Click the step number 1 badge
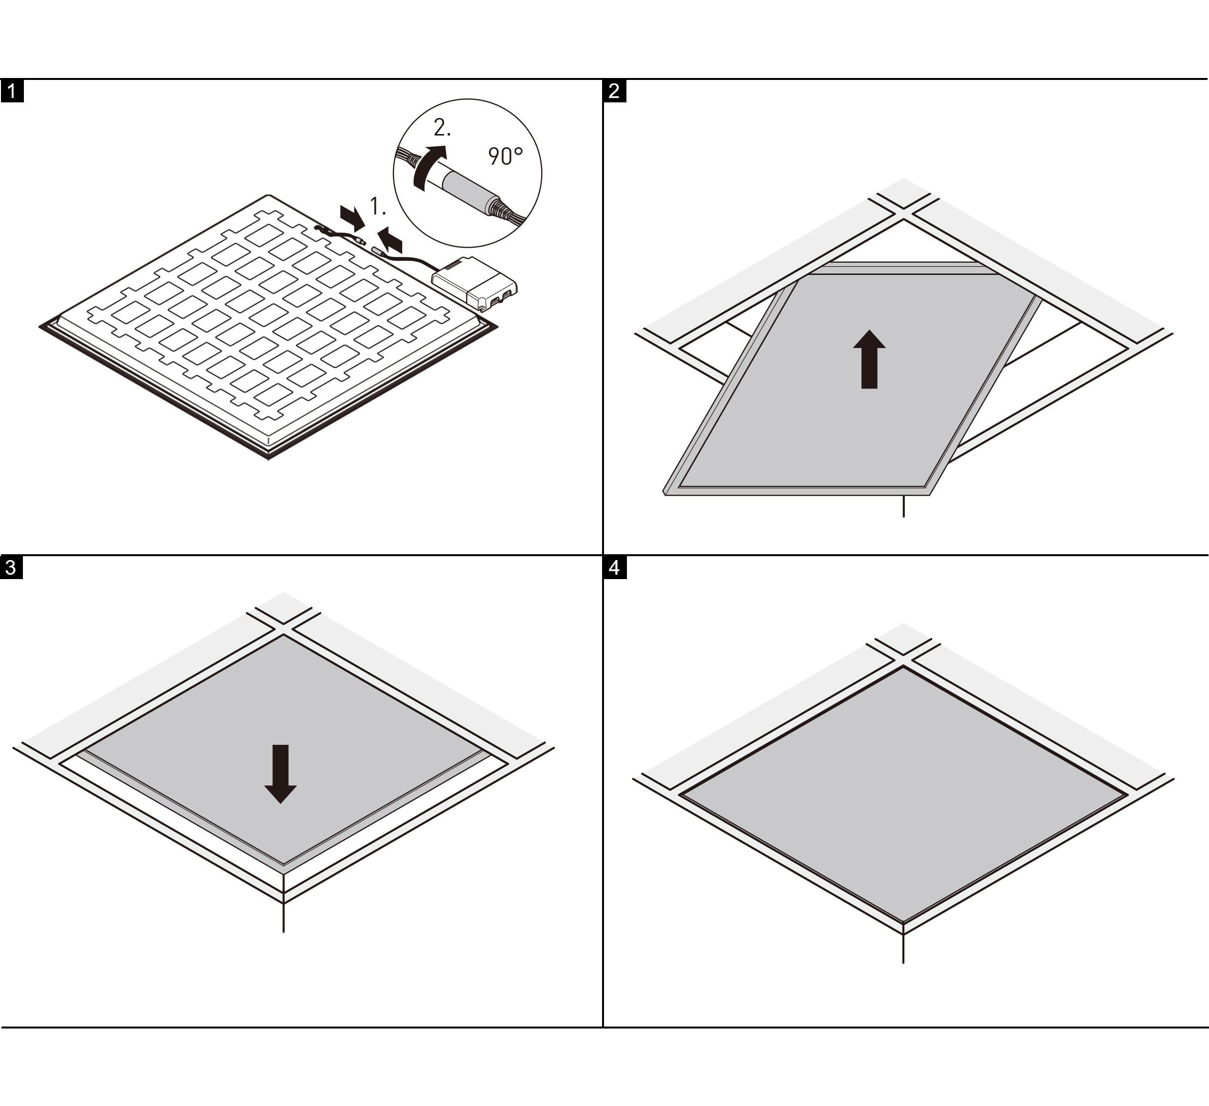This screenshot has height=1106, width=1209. coord(12,92)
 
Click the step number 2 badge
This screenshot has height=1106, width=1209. coord(615,92)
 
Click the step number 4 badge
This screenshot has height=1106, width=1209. coord(615,568)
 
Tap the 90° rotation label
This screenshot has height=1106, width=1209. coord(506,156)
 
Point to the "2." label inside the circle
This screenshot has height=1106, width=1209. coord(442,128)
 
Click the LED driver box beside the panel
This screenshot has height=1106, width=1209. coord(474,284)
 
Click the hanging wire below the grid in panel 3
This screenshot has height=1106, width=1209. coord(283,918)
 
